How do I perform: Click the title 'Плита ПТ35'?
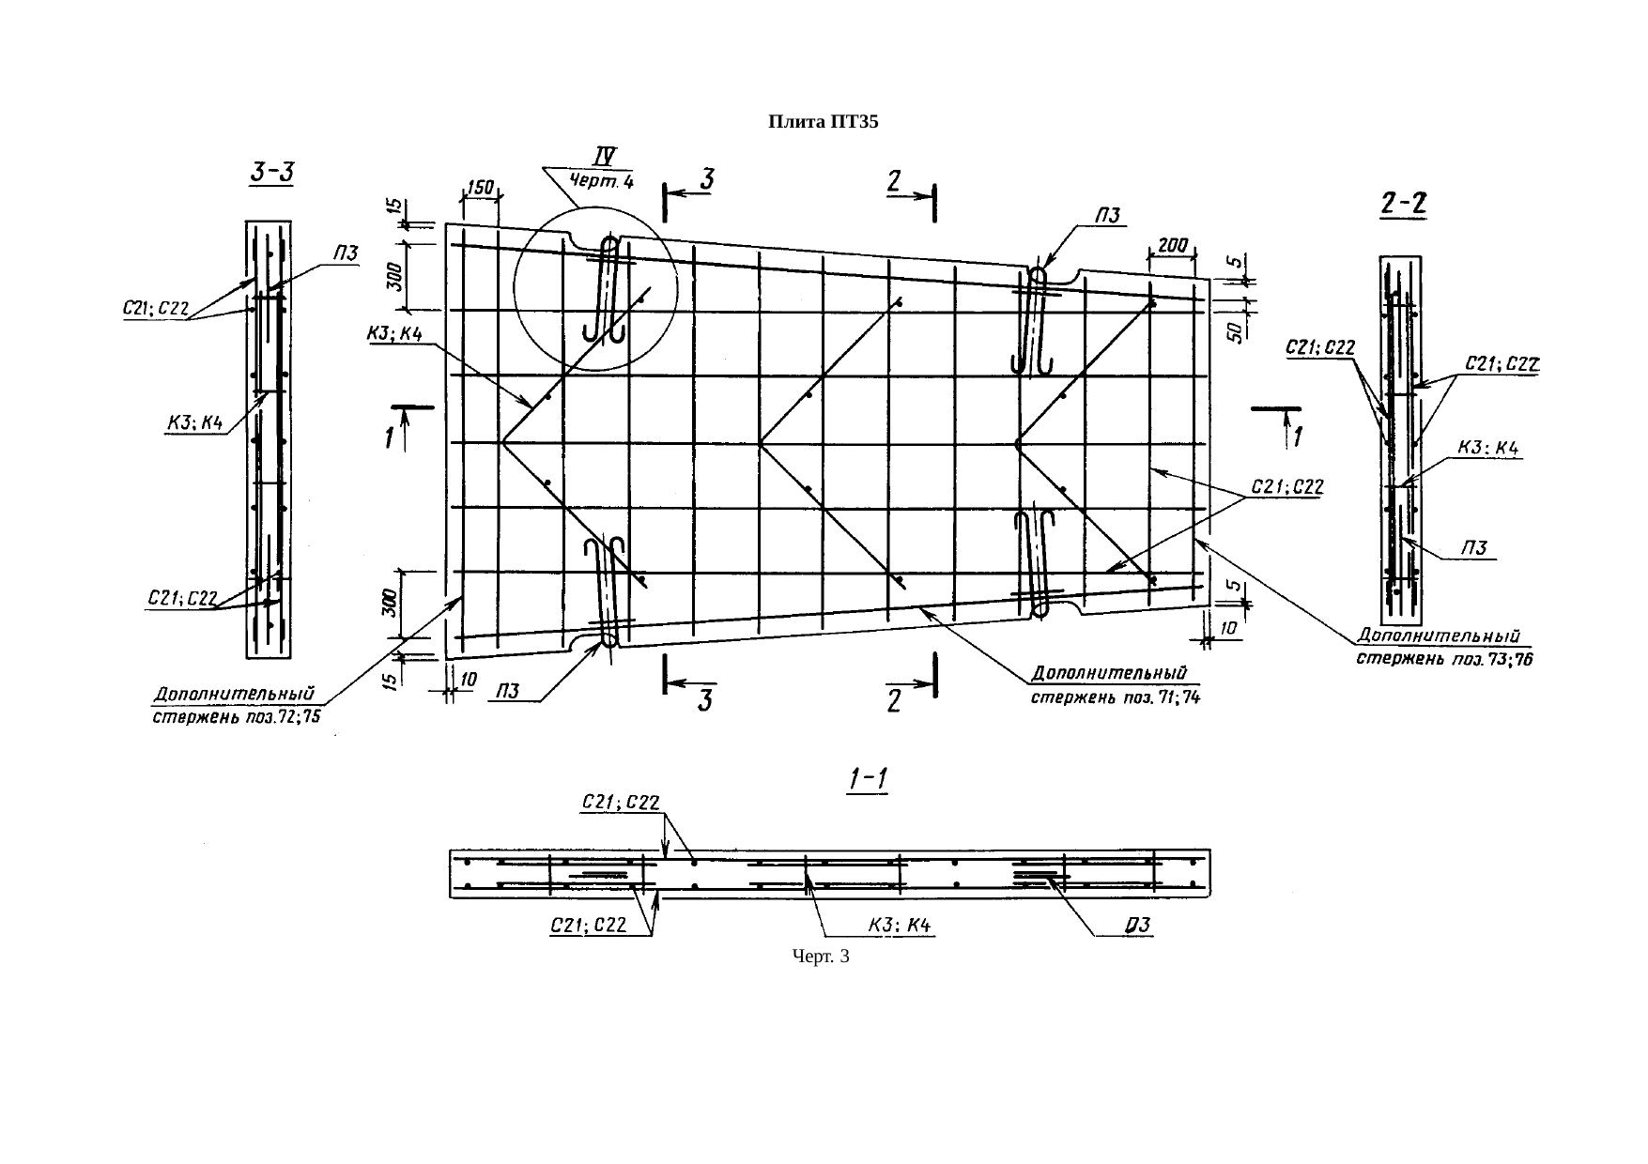pyautogui.click(x=823, y=122)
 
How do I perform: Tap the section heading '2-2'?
pyautogui.click(x=1404, y=204)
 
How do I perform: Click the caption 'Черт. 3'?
pyautogui.click(x=821, y=957)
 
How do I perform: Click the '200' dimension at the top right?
pyautogui.click(x=1172, y=245)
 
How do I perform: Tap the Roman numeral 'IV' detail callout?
pyautogui.click(x=607, y=156)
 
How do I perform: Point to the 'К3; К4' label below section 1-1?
pyautogui.click(x=901, y=926)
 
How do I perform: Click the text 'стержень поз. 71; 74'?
pyautogui.click(x=1116, y=697)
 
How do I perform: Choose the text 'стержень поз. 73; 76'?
pyautogui.click(x=1444, y=659)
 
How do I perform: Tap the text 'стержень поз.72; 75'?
pyautogui.click(x=237, y=718)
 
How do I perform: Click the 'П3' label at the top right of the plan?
pyautogui.click(x=1109, y=215)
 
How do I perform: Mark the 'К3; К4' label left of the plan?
pyautogui.click(x=393, y=335)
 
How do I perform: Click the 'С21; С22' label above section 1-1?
pyautogui.click(x=620, y=803)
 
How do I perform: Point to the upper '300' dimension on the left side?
pyautogui.click(x=393, y=276)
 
